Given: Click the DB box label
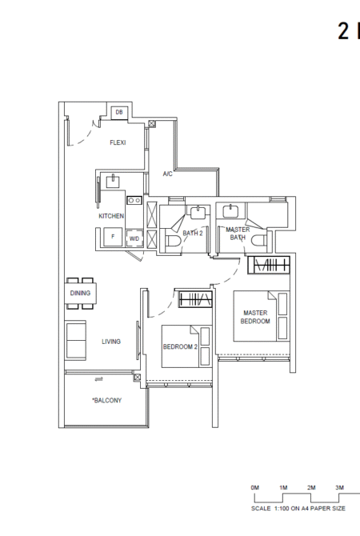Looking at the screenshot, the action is coord(119,112).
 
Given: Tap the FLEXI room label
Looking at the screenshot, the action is coord(118,142).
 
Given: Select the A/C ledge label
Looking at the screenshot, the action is coord(167,174).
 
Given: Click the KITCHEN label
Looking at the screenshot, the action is coord(111,216).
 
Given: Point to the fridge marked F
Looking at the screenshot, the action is coord(114,237).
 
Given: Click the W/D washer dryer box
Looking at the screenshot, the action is coord(134,238).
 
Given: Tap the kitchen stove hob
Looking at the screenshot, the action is coord(134,200).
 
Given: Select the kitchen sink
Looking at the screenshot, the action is coord(113,181).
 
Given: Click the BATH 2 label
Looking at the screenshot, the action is coord(193,233).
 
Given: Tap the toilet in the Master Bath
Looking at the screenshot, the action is coord(259,241).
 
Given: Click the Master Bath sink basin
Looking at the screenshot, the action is coord(231,210).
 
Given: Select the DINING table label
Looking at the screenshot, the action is coord(80,293).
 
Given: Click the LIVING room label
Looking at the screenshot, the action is coord(111,341).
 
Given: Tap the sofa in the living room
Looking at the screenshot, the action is coord(75,340).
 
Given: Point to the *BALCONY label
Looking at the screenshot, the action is coord(106,400).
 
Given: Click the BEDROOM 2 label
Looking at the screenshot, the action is coord(180,346).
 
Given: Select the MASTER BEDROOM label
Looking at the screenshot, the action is coord(255,317).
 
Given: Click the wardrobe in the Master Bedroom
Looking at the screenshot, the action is coord(269,265).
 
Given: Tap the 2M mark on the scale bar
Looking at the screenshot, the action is coord(311,488).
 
